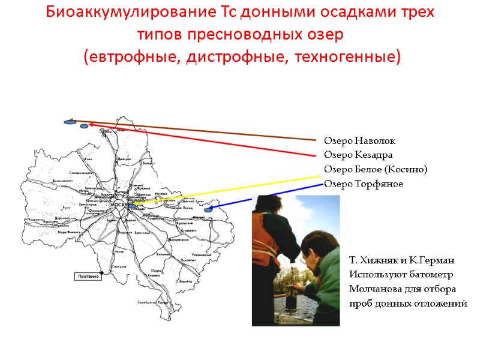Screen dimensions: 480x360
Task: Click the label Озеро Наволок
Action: (359, 141)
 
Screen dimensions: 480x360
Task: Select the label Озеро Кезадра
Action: (358, 155)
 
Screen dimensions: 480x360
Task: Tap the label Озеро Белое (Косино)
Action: (376, 170)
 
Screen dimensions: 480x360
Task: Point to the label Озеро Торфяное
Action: (364, 184)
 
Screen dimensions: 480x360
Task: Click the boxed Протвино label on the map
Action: (86, 276)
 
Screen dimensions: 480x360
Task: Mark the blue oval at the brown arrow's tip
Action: (70, 122)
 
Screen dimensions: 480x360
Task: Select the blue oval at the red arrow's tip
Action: (84, 126)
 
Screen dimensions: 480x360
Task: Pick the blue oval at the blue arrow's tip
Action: (208, 210)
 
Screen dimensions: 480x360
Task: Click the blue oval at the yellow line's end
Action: (132, 206)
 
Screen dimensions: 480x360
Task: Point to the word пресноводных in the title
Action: (230, 35)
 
